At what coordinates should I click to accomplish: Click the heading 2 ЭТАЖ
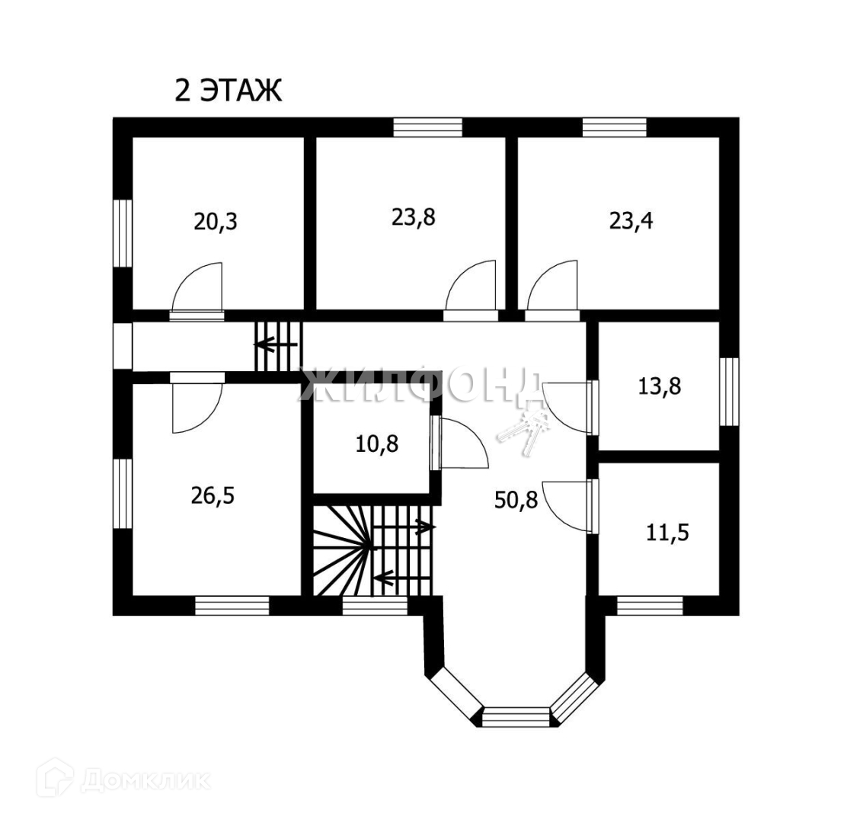pos(229,91)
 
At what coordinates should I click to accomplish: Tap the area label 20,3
pos(216,222)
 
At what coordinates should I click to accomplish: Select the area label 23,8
pos(414,217)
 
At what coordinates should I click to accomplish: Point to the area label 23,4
pos(631,220)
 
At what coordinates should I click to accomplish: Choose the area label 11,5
pos(667,532)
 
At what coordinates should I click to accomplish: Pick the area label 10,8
pos(377,443)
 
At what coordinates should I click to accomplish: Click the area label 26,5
pos(213,495)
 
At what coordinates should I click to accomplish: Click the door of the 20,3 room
pos(197,290)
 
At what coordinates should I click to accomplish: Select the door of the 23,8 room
pos(471,289)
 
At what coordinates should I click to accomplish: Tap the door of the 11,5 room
pos(567,506)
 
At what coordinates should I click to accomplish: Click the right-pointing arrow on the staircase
pos(421,526)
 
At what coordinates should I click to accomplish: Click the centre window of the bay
pos(516,716)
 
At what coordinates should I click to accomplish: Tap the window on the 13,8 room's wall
pos(730,392)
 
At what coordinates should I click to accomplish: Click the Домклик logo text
pos(145,780)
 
